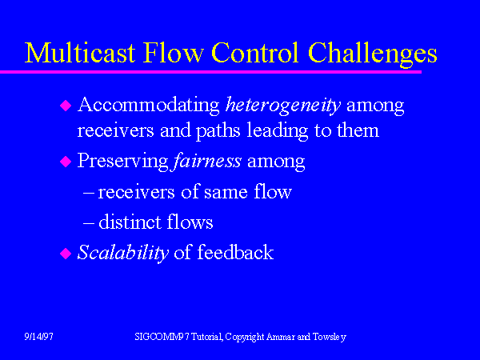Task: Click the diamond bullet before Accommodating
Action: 66,105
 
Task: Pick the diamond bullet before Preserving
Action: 66,162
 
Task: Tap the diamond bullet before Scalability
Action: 66,254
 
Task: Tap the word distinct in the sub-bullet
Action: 128,222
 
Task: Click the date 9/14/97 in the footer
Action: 38,338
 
